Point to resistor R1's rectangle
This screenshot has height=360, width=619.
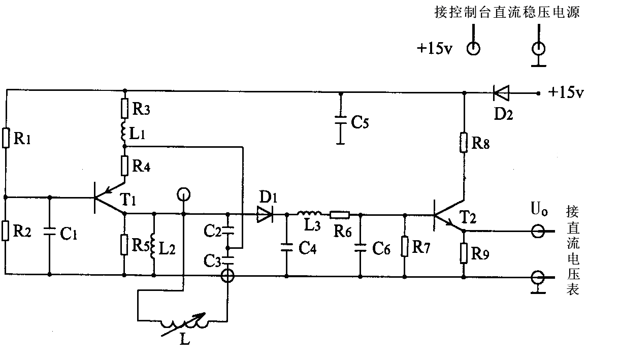point(7,138)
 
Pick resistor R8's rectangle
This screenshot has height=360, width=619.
point(464,143)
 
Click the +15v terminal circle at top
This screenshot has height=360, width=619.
point(473,48)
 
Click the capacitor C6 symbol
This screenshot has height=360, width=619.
point(360,247)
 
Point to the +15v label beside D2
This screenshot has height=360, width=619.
point(566,93)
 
